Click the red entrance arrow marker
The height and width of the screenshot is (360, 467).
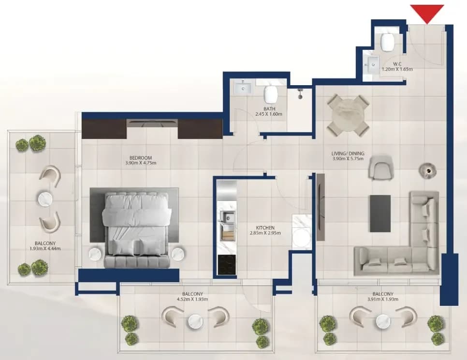(427, 13)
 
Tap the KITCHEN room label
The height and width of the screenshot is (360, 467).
(265, 228)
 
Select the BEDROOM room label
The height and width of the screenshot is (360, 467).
(141, 158)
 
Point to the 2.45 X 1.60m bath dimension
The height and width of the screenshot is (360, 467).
(269, 114)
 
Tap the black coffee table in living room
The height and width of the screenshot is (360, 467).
(380, 213)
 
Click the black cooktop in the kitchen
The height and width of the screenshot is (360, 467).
(227, 265)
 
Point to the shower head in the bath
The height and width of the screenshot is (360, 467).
(300, 93)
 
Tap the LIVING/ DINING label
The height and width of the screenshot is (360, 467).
(348, 153)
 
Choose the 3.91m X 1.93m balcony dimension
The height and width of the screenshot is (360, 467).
(383, 299)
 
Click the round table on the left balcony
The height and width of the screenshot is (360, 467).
(45, 198)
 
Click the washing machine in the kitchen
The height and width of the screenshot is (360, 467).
(302, 231)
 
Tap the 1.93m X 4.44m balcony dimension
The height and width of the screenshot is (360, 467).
(45, 249)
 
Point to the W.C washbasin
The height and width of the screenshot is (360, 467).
(371, 64)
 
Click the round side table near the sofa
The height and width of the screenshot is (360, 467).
(428, 170)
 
